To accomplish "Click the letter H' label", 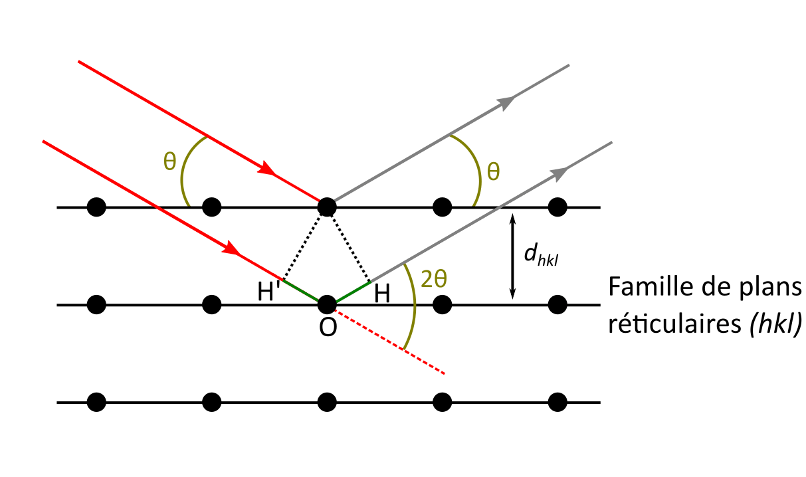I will click(270, 293).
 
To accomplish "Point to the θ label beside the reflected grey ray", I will click(492, 171).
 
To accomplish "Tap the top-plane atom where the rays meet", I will click(326, 207).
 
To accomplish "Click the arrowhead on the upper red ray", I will click(267, 169).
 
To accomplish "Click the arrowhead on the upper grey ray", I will click(507, 102).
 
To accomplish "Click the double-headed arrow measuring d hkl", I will click(512, 256).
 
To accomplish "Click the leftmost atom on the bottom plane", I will click(96, 402).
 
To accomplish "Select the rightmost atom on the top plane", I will click(557, 207).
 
